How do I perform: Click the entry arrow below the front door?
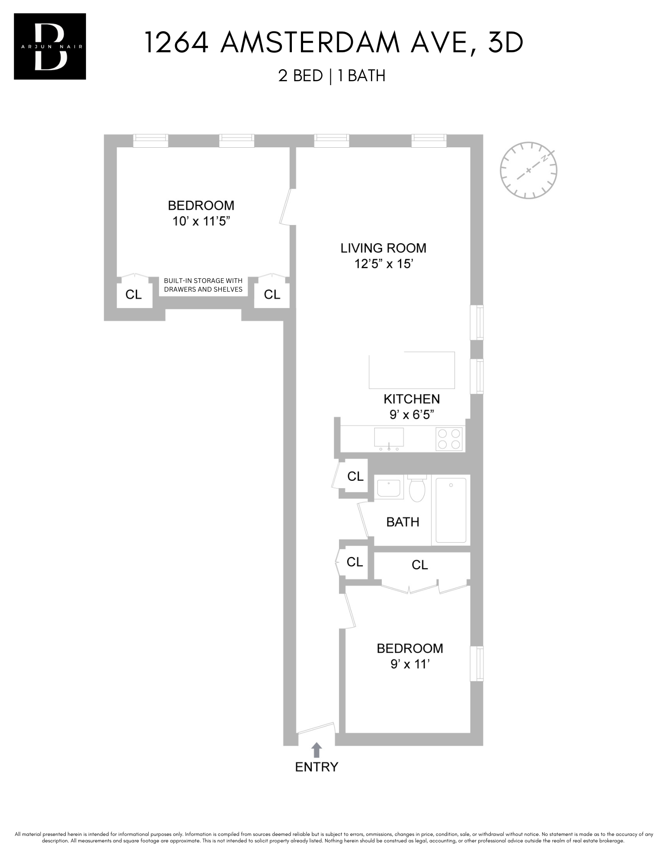(x=316, y=750)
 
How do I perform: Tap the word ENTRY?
(x=316, y=767)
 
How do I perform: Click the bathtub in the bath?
(x=451, y=510)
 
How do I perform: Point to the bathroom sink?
(x=389, y=488)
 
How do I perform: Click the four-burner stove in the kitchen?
(x=449, y=439)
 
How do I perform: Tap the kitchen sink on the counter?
(x=389, y=437)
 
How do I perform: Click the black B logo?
(x=50, y=47)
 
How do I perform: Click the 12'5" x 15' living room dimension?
(x=383, y=264)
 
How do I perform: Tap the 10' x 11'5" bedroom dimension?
(x=201, y=222)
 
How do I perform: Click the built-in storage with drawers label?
(x=203, y=285)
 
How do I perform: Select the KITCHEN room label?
(x=412, y=399)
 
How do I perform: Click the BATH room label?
(x=403, y=522)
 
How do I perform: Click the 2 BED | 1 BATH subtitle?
(x=332, y=76)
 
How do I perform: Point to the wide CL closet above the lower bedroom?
(x=420, y=565)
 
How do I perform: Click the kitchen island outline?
(x=412, y=370)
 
